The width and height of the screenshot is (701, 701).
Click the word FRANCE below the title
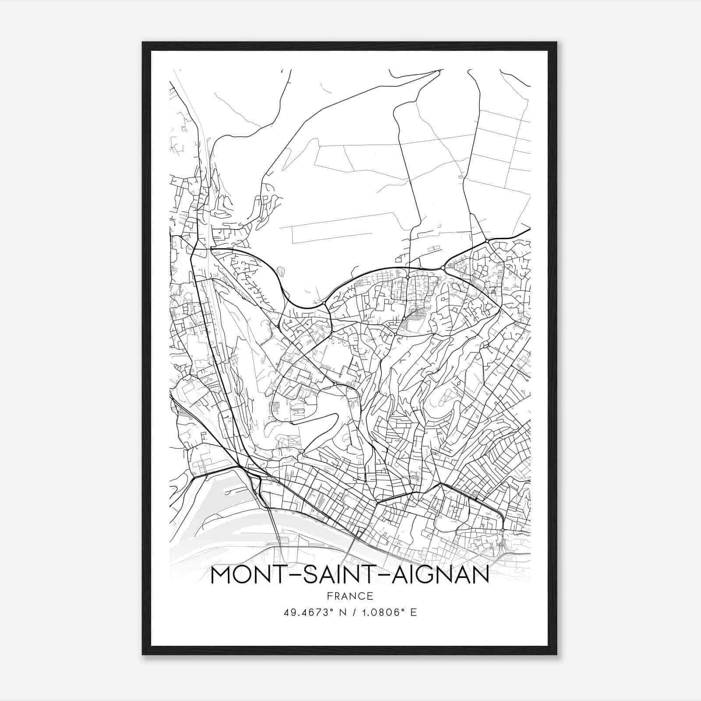click(x=350, y=596)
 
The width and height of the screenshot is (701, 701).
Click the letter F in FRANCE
click(x=328, y=596)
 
